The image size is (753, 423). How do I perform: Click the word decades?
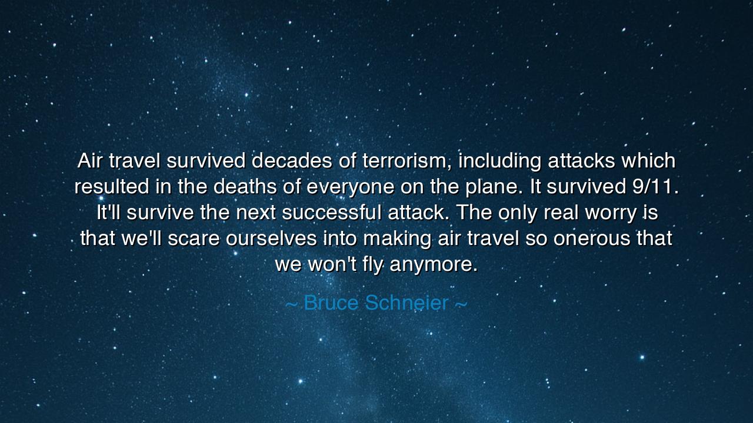(x=292, y=160)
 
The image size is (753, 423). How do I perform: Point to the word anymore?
(x=434, y=264)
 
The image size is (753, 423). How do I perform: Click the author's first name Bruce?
(x=331, y=303)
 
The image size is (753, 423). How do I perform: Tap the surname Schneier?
(x=407, y=303)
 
